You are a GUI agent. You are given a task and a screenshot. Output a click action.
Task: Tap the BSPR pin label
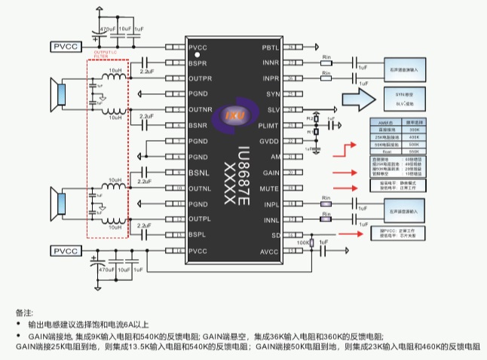click(199, 63)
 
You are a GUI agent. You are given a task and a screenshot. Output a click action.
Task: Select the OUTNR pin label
click(201, 109)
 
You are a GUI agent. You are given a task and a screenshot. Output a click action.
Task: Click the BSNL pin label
click(198, 172)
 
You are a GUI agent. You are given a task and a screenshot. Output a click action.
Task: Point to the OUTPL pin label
click(200, 219)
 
